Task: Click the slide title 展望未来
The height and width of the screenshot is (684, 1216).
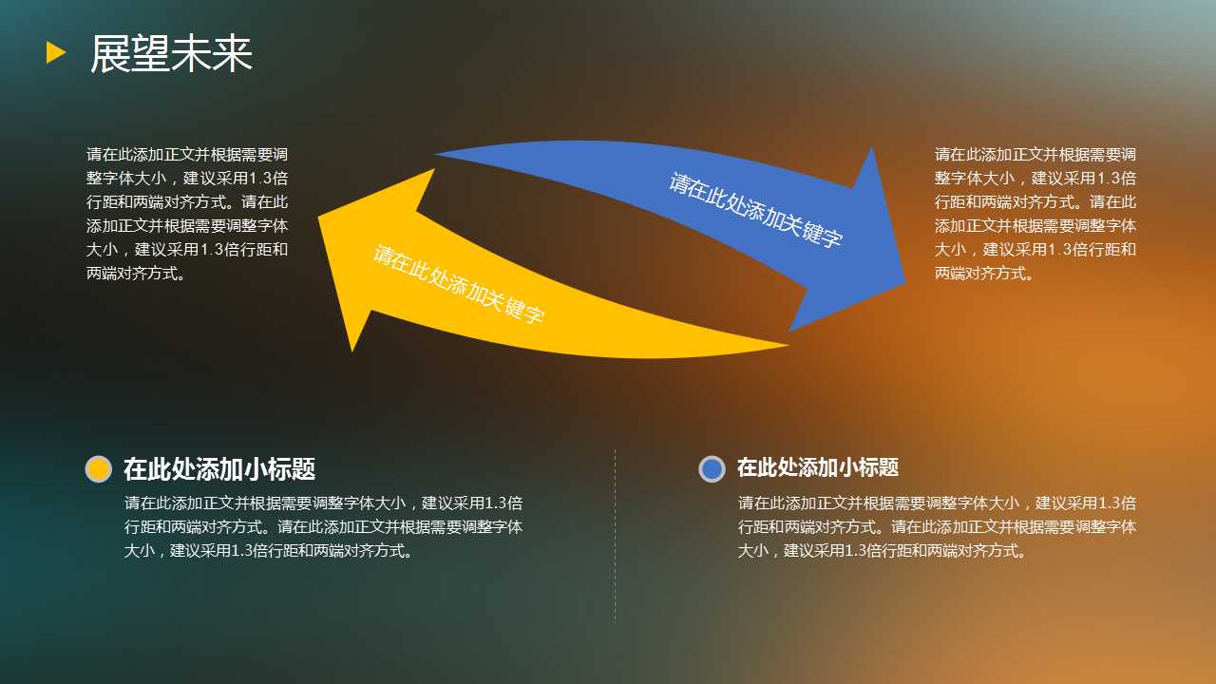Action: pyautogui.click(x=172, y=53)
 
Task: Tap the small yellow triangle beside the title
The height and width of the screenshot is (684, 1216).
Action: pyautogui.click(x=56, y=52)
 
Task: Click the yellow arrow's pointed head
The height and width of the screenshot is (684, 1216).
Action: pyautogui.click(x=319, y=218)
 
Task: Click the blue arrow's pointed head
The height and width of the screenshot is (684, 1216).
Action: pyautogui.click(x=905, y=281)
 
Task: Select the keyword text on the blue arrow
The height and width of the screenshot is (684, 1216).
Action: pyautogui.click(x=755, y=210)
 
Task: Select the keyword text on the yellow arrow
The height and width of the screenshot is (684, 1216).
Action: pyautogui.click(x=459, y=284)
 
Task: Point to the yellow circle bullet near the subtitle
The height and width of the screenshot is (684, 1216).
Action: pyautogui.click(x=98, y=469)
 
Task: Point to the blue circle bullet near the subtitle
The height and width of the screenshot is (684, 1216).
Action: pyautogui.click(x=712, y=468)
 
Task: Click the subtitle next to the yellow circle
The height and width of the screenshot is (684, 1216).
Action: pyautogui.click(x=219, y=469)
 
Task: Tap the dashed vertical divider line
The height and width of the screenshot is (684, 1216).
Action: pyautogui.click(x=615, y=535)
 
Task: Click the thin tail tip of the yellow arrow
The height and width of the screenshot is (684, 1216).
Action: pyautogui.click(x=788, y=345)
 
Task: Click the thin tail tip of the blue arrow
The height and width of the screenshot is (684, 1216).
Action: pyautogui.click(x=435, y=154)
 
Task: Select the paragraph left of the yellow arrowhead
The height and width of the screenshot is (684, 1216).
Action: pyautogui.click(x=187, y=214)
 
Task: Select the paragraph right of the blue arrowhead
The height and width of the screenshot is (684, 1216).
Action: pyautogui.click(x=1035, y=214)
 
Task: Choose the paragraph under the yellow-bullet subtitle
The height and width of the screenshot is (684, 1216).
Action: pyautogui.click(x=324, y=526)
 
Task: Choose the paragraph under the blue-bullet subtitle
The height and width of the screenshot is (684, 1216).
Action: pyautogui.click(x=937, y=526)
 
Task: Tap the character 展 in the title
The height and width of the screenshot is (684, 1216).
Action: pyautogui.click(x=110, y=53)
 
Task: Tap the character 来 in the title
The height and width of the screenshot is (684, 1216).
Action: pyautogui.click(x=233, y=53)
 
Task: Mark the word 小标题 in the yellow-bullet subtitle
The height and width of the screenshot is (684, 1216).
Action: pyautogui.click(x=279, y=469)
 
